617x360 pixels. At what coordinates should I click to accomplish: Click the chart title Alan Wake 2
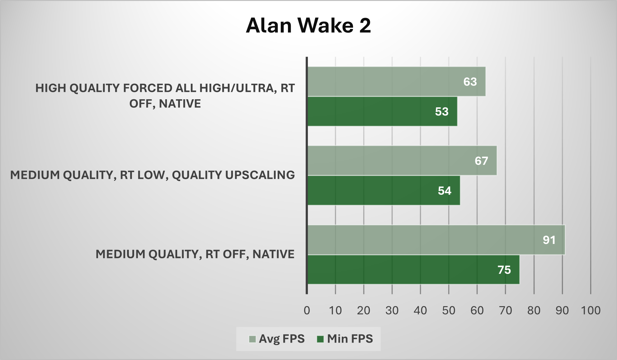point(308,25)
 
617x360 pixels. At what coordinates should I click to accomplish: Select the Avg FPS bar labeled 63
point(397,82)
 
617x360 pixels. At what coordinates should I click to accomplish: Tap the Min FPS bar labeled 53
point(383,111)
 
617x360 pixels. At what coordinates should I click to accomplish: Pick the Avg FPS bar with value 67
point(402,161)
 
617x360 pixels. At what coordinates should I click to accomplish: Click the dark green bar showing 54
point(384,190)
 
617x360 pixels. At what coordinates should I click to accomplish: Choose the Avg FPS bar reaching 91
point(436,240)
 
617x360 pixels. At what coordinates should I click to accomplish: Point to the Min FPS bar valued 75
point(414,270)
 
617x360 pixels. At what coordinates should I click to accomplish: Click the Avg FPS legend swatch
point(252,339)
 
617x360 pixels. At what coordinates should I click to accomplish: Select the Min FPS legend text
point(350,339)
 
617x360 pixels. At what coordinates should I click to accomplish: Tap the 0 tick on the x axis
point(307,310)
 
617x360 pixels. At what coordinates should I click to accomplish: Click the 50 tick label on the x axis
point(449,310)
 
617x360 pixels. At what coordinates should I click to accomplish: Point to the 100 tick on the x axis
point(591,310)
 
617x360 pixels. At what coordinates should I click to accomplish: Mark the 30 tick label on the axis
point(392,310)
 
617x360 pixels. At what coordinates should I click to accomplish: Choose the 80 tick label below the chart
point(534,310)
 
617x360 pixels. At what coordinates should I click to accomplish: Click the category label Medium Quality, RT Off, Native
point(195,254)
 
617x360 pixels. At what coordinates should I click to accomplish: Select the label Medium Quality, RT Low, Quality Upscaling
point(153,175)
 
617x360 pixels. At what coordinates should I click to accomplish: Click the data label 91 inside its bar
point(549,240)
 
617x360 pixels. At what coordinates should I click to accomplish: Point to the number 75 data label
point(504,270)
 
